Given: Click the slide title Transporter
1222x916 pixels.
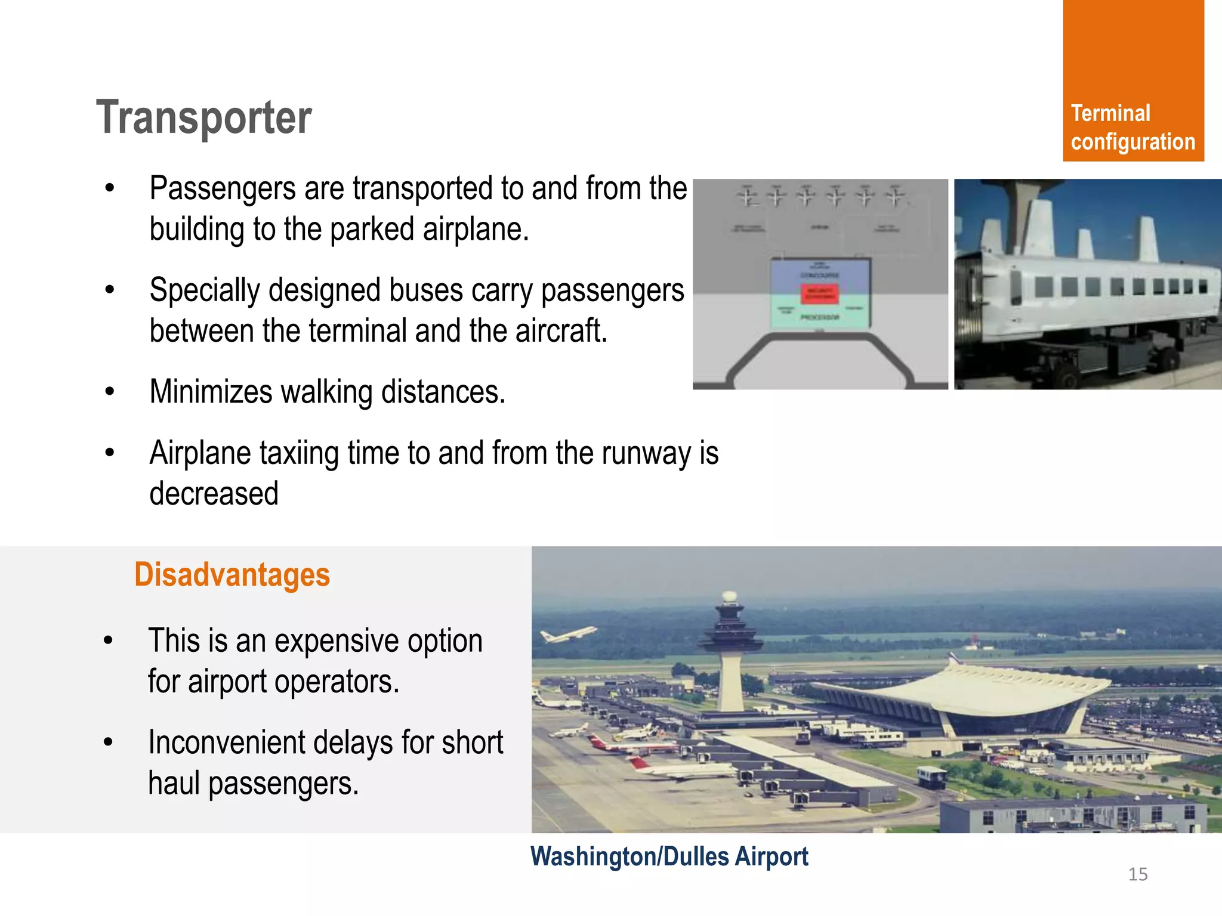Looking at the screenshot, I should coord(203,117).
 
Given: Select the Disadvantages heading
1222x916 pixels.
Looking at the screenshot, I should coord(232,575).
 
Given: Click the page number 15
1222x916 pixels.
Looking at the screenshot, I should coord(1137,874).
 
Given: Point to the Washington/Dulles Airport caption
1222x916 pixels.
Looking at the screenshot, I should coord(669,856).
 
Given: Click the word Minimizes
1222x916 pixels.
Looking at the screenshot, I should coord(210,392).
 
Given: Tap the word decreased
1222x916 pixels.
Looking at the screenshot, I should coord(214,494).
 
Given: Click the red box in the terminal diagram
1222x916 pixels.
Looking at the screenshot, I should coord(820,294).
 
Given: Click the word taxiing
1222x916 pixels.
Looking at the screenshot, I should coord(301,453).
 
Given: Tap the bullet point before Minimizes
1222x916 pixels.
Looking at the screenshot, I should coord(109,392).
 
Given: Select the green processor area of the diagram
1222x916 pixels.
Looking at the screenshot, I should coord(819,316).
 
